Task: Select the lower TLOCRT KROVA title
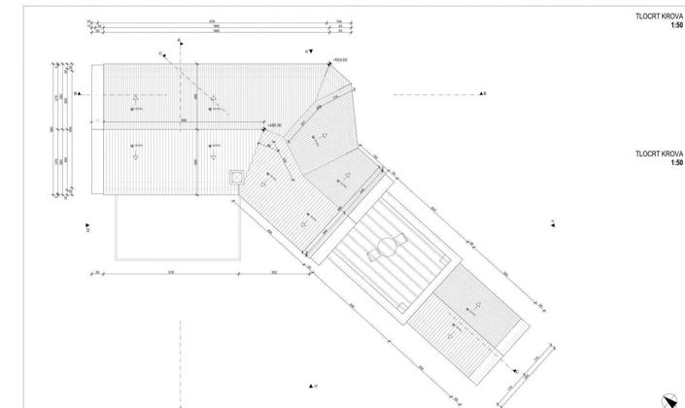(x=657, y=154)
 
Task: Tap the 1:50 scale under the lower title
(x=675, y=162)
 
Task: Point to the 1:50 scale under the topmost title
(x=675, y=25)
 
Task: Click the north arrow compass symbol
(x=669, y=397)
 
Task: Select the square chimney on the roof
(x=236, y=177)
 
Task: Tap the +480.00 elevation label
(x=276, y=125)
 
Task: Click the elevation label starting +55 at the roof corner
(x=340, y=60)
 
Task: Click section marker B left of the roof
(x=75, y=94)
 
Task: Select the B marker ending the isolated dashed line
(x=483, y=94)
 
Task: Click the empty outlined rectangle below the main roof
(x=177, y=228)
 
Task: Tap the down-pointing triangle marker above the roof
(x=311, y=50)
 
